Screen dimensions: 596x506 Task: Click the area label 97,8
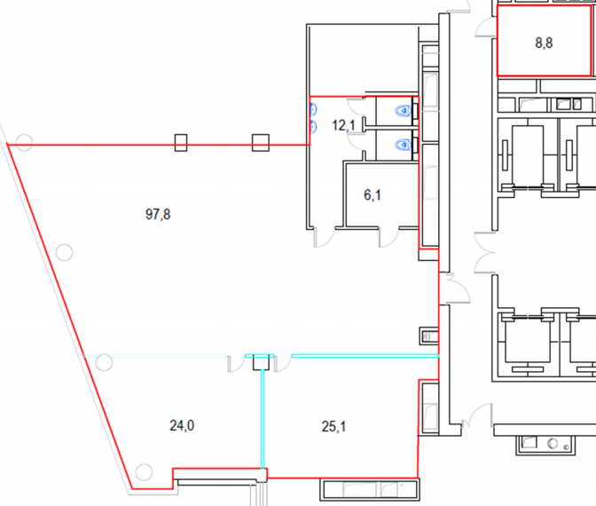(158, 214)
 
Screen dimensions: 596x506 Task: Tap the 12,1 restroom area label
(343, 125)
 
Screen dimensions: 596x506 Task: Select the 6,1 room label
(372, 194)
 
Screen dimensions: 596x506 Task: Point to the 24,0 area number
(182, 425)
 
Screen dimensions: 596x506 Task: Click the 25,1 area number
(333, 426)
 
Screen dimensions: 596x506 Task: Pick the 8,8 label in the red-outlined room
(544, 43)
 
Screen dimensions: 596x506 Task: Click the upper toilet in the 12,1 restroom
(404, 111)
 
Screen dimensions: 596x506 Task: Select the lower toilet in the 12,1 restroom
(404, 145)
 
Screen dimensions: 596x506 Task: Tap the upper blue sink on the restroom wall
(313, 109)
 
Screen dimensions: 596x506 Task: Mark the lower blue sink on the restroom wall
(313, 126)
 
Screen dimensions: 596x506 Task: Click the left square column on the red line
(181, 143)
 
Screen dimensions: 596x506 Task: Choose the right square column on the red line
(261, 143)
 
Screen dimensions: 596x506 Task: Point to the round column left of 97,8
(64, 252)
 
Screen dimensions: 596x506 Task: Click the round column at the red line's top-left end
(24, 142)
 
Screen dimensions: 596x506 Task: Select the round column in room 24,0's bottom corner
(144, 472)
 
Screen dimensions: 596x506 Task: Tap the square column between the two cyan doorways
(262, 362)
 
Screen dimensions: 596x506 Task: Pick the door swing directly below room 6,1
(388, 237)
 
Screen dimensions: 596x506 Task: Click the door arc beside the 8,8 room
(484, 28)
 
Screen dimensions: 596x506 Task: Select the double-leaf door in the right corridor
(484, 252)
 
